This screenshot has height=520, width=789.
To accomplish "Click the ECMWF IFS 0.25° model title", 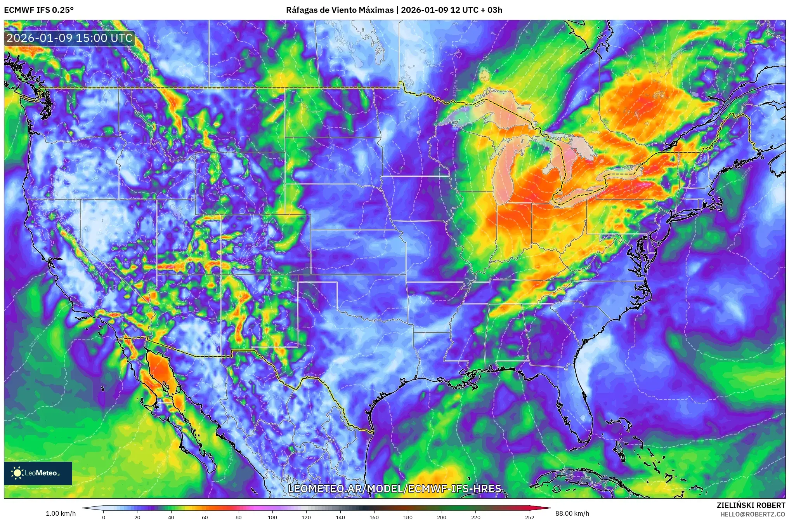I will (x=39, y=10).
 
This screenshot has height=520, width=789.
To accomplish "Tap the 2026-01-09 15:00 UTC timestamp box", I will (x=69, y=38).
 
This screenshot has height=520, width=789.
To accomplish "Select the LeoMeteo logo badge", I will (x=38, y=473).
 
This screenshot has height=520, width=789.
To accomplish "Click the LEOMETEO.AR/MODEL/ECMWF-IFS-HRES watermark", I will (x=394, y=488).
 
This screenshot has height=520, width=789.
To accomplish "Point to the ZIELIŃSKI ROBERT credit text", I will (x=751, y=505).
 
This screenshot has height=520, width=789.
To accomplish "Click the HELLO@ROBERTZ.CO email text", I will (x=753, y=514).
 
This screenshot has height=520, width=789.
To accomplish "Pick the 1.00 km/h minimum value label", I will (x=61, y=513).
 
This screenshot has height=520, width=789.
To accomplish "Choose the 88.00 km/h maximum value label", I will (x=572, y=513).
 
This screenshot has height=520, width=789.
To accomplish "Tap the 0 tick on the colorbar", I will (x=103, y=517).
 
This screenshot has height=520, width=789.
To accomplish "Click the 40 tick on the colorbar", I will (x=171, y=517).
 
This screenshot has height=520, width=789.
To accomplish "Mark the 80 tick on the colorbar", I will (x=239, y=517).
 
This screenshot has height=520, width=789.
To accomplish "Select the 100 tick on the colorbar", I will (x=272, y=517).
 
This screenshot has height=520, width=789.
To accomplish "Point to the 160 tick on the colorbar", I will (x=374, y=517).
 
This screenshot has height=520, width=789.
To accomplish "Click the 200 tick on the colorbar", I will (x=442, y=517).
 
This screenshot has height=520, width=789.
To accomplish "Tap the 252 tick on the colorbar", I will (x=530, y=517).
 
